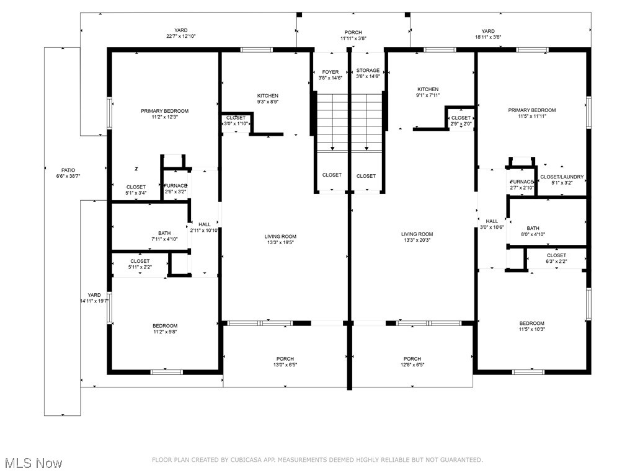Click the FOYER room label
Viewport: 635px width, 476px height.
331,72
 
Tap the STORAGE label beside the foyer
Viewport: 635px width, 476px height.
368,71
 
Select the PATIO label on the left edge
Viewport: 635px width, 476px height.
68,170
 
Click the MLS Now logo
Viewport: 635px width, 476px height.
33,463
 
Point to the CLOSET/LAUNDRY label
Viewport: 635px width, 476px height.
561,177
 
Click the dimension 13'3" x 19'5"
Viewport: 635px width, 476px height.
280,242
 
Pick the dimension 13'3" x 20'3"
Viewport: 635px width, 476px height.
417,240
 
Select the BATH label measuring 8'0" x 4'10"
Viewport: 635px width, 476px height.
533,228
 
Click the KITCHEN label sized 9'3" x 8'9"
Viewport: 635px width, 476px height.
268,96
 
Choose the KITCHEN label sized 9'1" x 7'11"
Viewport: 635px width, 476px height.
428,89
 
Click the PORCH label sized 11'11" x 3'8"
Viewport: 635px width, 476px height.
353,32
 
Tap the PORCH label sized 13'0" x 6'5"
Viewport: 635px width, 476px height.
285,359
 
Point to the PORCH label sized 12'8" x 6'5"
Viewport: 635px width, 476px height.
412,359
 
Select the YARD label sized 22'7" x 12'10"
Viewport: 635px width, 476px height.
180,30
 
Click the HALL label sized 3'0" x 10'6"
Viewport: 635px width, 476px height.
492,221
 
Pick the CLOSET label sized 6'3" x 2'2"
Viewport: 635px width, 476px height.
556,255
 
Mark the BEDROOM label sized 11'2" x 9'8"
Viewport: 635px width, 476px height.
165,326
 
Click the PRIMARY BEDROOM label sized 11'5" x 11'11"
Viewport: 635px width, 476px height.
532,110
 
